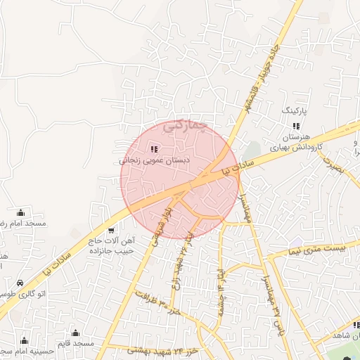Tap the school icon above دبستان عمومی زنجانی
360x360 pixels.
(154, 149)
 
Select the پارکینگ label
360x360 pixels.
(295, 111)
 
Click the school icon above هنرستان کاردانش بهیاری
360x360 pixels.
(295, 127)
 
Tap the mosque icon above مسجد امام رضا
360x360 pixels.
(21, 213)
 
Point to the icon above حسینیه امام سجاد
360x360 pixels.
(25, 340)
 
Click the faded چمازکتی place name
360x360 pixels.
(185, 126)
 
